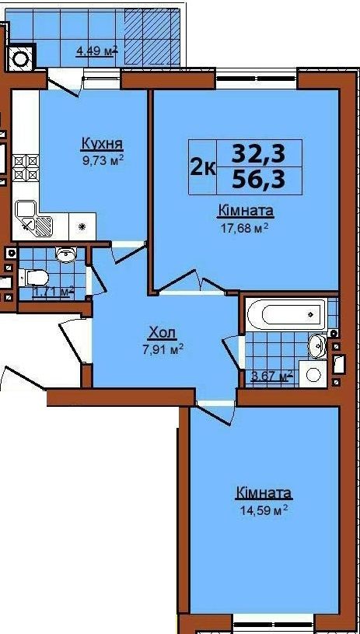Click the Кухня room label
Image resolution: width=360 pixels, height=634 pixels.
click(x=102, y=144)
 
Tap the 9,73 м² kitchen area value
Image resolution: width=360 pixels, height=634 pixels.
click(x=102, y=160)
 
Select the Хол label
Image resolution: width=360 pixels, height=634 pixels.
click(x=163, y=333)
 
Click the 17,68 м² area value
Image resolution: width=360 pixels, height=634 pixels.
click(x=243, y=229)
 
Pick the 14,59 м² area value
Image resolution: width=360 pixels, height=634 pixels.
click(x=263, y=509)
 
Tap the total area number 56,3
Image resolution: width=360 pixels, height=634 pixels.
click(x=258, y=179)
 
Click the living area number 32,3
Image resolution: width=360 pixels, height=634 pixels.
click(x=258, y=153)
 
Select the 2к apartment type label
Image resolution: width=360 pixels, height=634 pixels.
click(x=203, y=166)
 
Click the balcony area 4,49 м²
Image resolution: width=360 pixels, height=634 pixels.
click(x=97, y=51)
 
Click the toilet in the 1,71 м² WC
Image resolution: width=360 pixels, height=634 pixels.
click(x=37, y=278)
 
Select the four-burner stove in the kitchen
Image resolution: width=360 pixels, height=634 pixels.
click(x=26, y=167)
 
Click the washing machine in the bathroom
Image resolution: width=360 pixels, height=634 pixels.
click(x=314, y=374)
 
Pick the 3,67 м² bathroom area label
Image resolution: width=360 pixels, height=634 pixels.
click(x=271, y=377)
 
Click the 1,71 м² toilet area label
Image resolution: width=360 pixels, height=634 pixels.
click(x=54, y=291)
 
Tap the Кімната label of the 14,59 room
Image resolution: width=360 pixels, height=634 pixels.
click(x=264, y=493)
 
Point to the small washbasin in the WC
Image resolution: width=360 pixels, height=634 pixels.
click(x=65, y=254)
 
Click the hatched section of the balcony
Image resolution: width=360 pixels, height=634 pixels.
click(x=151, y=37)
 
